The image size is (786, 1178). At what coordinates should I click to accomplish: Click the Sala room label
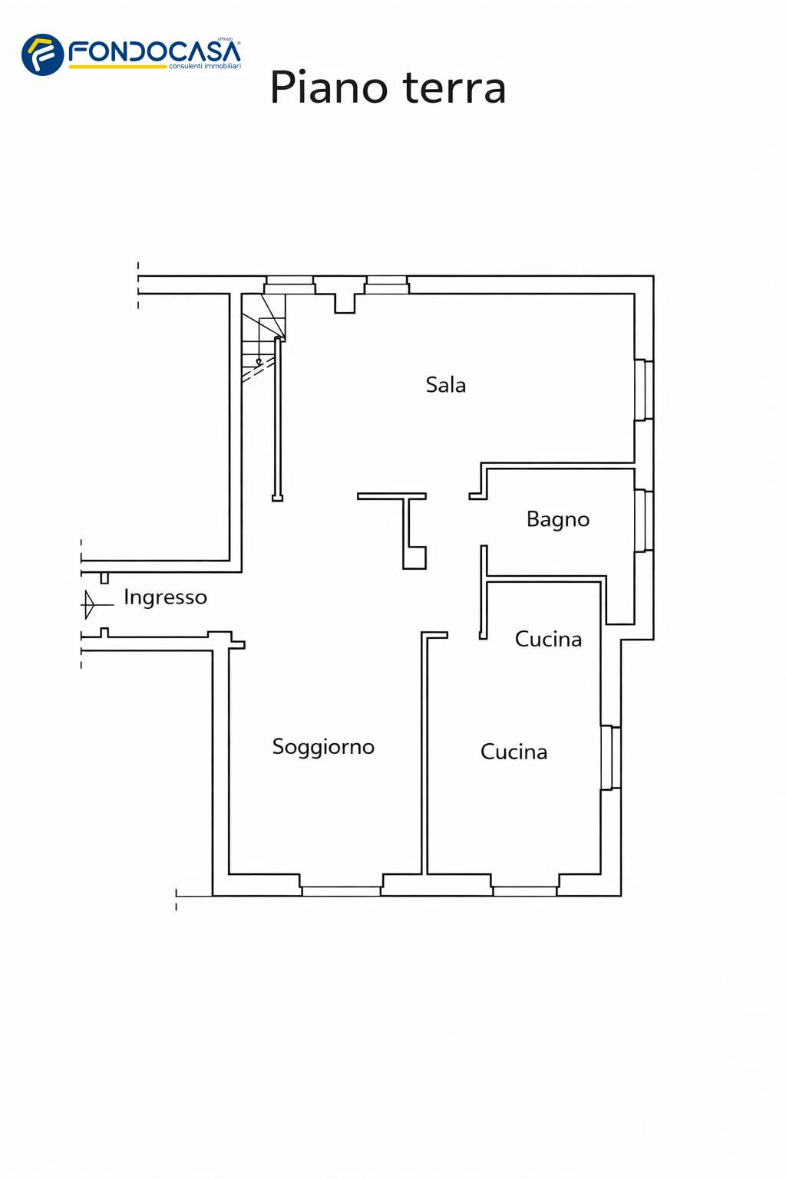coord(445,384)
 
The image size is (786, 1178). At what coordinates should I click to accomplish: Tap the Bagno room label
coord(557,519)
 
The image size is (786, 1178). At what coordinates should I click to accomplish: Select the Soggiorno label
coord(323,747)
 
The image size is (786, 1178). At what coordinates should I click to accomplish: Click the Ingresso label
coord(165,598)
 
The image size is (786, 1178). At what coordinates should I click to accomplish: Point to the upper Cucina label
coord(548,639)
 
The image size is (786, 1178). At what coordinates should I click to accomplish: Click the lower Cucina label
coord(514,752)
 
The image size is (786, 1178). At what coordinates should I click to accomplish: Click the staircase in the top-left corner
coord(262,338)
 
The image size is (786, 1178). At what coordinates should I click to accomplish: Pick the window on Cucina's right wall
coord(611,758)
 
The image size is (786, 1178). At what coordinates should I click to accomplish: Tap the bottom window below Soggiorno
coord(341,890)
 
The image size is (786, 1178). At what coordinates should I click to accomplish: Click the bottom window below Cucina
coord(524,890)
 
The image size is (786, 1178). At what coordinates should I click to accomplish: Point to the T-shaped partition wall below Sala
coord(406,526)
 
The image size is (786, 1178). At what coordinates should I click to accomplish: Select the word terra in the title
coord(455,87)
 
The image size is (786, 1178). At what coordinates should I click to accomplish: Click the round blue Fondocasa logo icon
coord(43,54)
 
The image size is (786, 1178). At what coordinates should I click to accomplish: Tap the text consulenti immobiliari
coord(205,66)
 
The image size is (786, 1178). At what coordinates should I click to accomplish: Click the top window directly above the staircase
coord(289,285)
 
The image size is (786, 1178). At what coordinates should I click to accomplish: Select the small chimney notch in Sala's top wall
coord(345,304)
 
